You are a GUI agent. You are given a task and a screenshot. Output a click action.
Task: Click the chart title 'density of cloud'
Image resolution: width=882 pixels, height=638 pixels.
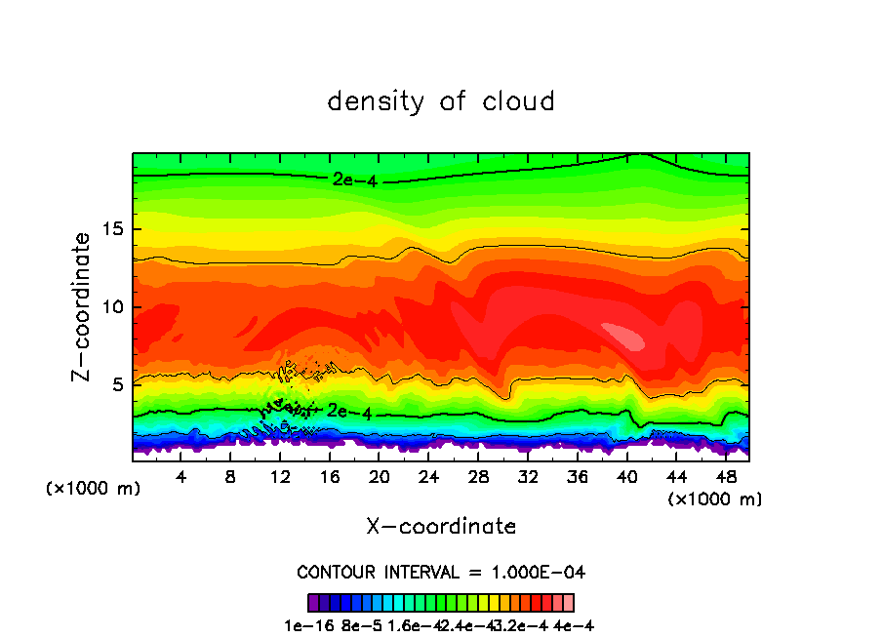441,101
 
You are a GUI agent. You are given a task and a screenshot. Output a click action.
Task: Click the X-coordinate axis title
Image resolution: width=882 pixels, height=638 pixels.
441,526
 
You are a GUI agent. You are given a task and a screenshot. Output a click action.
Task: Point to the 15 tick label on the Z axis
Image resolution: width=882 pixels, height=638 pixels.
115,229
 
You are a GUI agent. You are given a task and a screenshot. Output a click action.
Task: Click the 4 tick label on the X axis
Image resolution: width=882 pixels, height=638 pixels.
181,478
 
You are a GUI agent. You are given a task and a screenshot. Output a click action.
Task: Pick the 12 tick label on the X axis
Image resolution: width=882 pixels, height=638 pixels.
280,478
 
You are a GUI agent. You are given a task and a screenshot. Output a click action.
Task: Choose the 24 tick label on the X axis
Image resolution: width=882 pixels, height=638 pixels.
428,478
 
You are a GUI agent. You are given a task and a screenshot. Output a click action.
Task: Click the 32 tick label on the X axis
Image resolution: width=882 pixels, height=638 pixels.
528,478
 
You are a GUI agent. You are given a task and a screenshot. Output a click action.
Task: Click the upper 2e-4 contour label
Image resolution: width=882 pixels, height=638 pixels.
354,179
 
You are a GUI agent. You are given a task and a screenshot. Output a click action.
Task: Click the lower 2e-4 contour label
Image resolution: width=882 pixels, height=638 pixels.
349,412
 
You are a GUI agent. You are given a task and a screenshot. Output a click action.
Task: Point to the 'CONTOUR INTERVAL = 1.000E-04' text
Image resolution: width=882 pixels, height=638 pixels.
441,572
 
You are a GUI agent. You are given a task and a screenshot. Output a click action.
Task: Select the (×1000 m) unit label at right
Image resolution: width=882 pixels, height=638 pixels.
715,499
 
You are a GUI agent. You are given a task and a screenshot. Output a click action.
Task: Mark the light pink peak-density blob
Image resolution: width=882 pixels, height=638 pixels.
623,335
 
